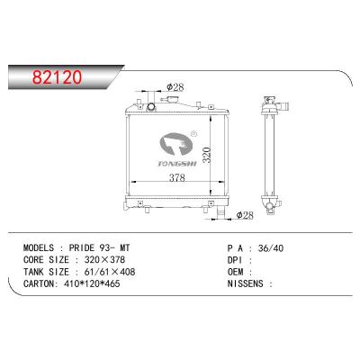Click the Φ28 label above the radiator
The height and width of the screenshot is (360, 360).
click(x=175, y=88)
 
